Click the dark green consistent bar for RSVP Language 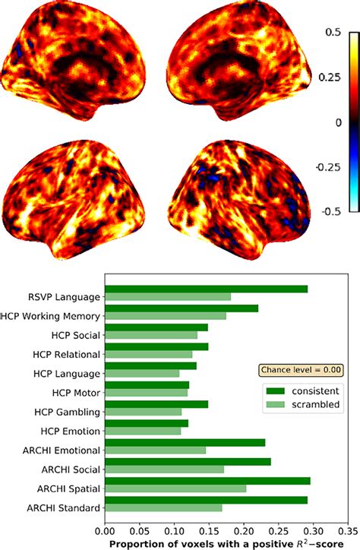pos(205,289)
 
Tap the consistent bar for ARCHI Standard pos(205,500)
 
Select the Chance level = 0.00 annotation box pos(302,370)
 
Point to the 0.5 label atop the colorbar pos(331,33)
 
